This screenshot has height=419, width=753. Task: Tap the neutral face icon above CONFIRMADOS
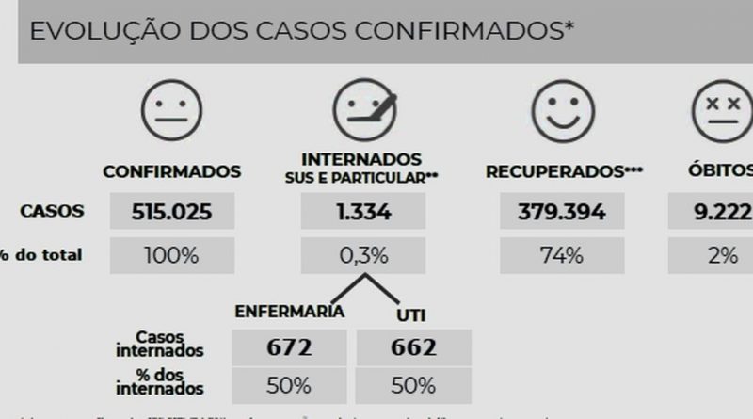point(171,110)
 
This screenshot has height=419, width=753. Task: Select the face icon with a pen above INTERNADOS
point(362,110)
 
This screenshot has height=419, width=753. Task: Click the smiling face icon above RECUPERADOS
point(563,110)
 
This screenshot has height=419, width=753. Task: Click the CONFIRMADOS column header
point(171,172)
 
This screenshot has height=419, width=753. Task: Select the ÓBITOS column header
point(721,171)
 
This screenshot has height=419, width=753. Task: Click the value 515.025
point(171,212)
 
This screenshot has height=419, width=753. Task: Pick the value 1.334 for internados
point(362,212)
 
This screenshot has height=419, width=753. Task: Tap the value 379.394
point(562,212)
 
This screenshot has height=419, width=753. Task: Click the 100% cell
point(171,255)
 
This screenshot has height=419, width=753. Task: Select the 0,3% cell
point(362,255)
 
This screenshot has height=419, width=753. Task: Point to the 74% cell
point(562,255)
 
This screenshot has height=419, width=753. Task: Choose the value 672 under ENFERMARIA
point(288,347)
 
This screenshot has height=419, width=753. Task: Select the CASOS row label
point(52,212)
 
